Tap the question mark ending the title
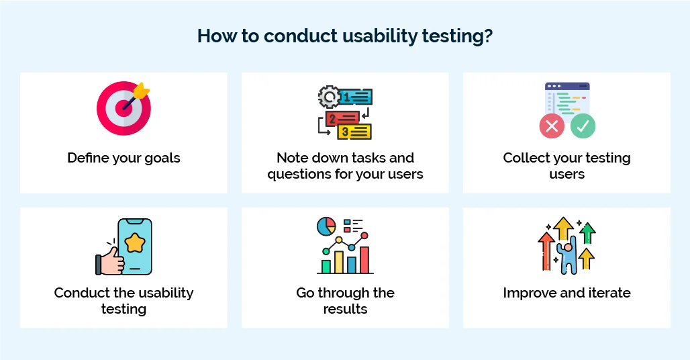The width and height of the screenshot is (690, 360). coord(488,36)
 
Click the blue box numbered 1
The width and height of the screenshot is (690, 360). coord(356,98)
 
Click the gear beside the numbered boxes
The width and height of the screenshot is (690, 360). coord(329,98)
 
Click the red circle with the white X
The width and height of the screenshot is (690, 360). coord(552,126)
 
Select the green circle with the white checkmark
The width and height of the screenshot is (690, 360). coord(583,126)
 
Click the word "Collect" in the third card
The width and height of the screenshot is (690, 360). coord(524,159)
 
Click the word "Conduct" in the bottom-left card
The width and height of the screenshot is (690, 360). coord(78,294)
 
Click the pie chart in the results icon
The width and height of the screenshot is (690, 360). coord(326,227)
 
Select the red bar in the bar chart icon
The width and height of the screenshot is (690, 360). coord(364,260)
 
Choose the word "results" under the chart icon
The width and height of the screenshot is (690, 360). coord(345,310)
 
